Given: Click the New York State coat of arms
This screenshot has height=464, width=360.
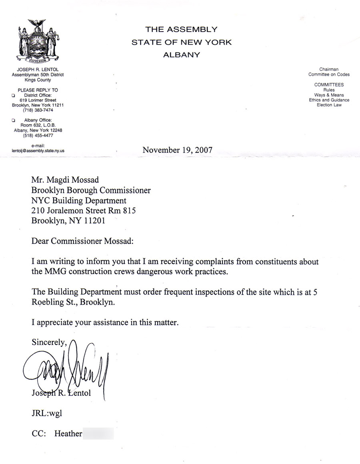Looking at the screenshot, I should (x=38, y=42).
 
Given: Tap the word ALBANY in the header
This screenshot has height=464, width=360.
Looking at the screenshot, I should (x=181, y=55).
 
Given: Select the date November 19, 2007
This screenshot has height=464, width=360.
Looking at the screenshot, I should (x=177, y=151).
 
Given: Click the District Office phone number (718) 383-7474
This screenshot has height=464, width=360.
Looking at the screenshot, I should (x=38, y=110).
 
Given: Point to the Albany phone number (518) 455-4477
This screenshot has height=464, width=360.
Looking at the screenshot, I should (x=38, y=135).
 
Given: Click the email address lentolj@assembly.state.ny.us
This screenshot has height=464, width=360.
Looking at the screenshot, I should (x=38, y=151).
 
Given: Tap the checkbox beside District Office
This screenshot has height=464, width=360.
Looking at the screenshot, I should (x=14, y=96).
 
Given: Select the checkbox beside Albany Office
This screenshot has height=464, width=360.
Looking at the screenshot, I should (x=14, y=120).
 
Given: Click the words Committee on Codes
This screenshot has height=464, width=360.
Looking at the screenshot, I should (x=329, y=74).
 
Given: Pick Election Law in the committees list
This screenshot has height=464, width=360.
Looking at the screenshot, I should (x=329, y=105).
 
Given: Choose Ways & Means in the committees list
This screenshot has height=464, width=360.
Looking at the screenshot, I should (x=329, y=95).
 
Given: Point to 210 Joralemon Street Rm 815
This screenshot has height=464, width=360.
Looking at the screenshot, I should (x=86, y=210).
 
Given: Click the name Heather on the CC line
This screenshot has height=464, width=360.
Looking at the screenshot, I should (x=68, y=434).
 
